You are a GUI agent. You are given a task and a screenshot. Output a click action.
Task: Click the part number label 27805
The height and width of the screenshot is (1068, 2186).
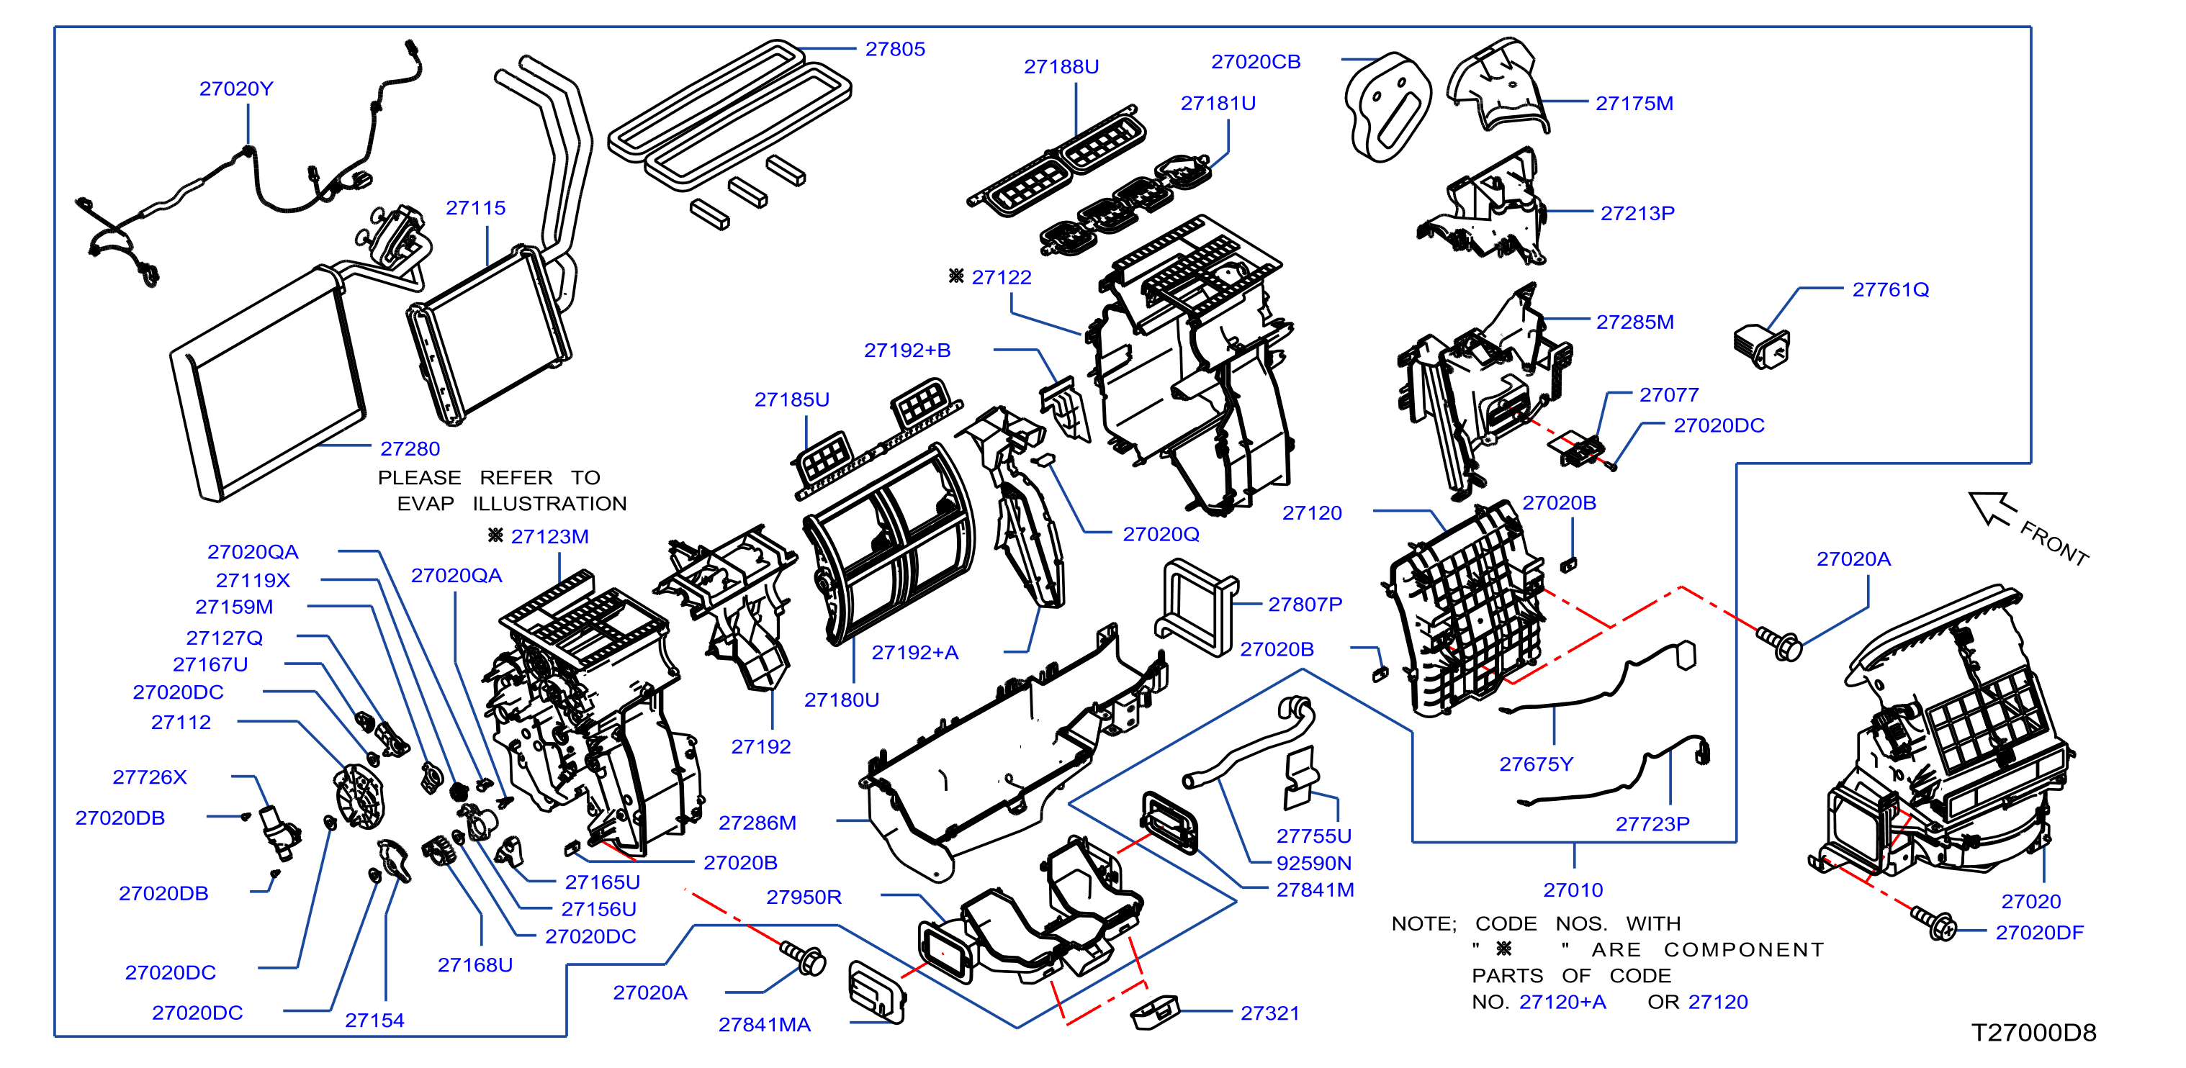894,49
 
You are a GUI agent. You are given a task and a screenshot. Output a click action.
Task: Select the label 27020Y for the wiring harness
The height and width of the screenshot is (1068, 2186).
236,89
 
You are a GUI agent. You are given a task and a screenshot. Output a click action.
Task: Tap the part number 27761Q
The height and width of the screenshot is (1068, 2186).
1890,290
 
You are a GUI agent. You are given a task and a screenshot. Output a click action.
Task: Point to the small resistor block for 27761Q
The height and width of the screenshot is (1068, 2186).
1761,345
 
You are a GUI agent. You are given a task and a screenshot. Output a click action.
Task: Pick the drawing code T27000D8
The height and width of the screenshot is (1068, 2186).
2033,1032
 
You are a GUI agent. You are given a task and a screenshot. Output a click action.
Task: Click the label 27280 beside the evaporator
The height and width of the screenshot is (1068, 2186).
410,449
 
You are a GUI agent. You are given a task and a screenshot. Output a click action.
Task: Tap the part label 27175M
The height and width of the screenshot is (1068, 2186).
1634,104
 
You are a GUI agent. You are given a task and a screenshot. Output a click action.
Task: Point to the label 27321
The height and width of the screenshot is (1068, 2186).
1269,1013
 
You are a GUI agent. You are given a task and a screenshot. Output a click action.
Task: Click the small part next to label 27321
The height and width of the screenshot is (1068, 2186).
1155,1013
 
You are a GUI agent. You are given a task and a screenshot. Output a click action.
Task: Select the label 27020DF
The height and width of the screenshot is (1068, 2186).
2039,932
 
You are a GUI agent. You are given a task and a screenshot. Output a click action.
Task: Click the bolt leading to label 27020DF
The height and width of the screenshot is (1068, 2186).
1933,922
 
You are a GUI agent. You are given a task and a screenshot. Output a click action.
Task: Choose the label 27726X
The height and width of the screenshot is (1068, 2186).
149,777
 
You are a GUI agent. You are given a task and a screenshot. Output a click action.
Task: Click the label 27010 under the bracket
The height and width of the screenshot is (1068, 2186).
1573,890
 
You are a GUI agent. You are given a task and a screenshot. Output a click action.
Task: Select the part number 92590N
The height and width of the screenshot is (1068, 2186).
1313,863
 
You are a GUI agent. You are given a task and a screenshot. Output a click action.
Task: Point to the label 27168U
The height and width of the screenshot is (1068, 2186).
474,965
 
